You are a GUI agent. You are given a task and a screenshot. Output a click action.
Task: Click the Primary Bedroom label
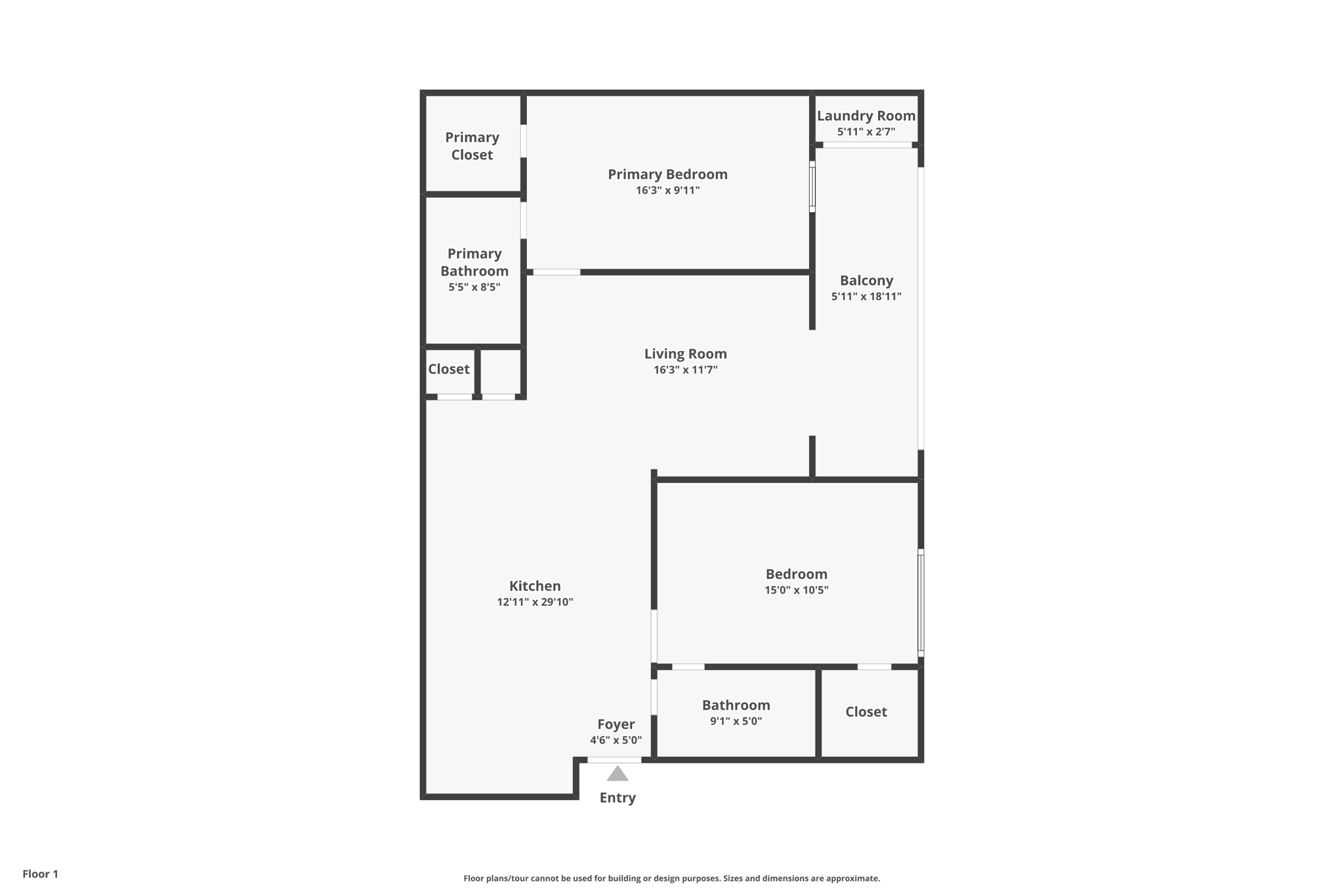tap(667, 174)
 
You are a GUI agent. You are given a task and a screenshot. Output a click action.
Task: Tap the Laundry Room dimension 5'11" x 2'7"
tap(866, 132)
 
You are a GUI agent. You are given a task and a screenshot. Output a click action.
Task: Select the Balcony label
tap(866, 280)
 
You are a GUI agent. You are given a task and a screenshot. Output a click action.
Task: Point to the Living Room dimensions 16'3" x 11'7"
tap(685, 370)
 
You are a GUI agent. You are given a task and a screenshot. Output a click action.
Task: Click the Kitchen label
tap(535, 586)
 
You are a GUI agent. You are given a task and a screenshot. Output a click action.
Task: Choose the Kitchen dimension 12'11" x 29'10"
tap(535, 602)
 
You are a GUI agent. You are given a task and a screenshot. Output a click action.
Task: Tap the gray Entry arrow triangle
tap(618, 775)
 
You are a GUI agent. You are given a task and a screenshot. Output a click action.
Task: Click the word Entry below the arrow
tap(618, 798)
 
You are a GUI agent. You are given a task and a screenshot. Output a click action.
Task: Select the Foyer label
tap(616, 724)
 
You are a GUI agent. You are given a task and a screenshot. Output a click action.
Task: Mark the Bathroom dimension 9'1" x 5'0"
tap(736, 721)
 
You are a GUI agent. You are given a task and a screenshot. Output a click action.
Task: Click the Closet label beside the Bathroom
tap(866, 712)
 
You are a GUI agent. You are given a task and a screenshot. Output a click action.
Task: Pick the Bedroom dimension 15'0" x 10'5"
tap(796, 590)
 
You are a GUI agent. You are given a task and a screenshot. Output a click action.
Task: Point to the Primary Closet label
tap(472, 146)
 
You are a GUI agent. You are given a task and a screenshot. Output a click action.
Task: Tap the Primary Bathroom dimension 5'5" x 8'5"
tap(474, 288)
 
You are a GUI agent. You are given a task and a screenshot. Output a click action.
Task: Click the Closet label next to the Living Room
tap(449, 369)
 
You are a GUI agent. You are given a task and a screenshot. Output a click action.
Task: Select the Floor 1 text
tap(40, 874)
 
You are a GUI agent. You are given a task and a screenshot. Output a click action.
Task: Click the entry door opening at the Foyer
tap(614, 760)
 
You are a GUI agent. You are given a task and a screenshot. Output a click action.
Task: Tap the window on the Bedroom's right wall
tap(921, 603)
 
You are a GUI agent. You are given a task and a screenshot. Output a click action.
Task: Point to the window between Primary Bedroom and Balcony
tap(812, 187)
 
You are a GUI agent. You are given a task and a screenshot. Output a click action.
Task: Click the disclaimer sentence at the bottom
tap(671, 878)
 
